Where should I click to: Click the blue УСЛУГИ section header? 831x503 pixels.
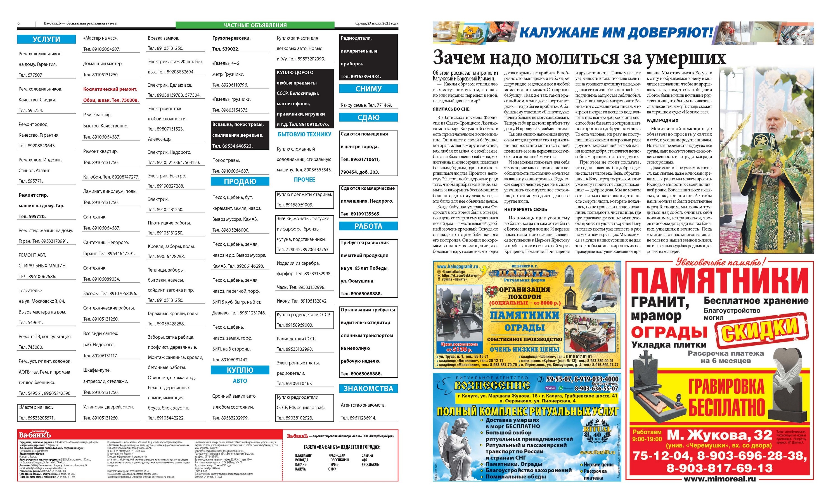pos(46,39)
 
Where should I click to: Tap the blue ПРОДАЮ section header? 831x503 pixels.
pos(240,181)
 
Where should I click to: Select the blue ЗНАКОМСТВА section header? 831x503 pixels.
pos(368,389)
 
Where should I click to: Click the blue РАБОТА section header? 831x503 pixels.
pos(368,226)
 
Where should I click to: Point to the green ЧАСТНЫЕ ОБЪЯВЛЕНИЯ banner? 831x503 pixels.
pos(255,25)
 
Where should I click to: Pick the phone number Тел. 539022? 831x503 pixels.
pos(226,49)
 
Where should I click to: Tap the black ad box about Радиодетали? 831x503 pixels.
pos(368,57)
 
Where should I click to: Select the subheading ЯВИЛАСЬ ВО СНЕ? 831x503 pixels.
pos(451,109)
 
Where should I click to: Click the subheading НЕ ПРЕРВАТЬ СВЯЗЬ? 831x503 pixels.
pos(526,209)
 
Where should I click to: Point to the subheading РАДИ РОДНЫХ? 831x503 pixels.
pos(662,120)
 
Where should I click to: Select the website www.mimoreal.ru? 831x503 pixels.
pos(719,479)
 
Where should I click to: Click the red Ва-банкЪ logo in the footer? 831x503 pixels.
pos(35,435)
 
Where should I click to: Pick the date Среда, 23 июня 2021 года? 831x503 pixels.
pos(377,23)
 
